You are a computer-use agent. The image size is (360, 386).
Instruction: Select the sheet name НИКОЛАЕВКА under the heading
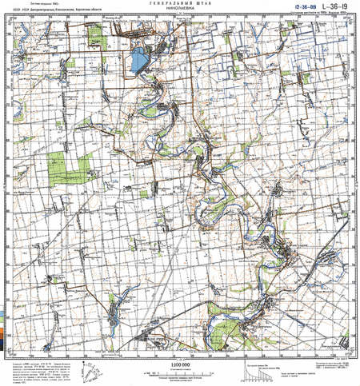point(179,10)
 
